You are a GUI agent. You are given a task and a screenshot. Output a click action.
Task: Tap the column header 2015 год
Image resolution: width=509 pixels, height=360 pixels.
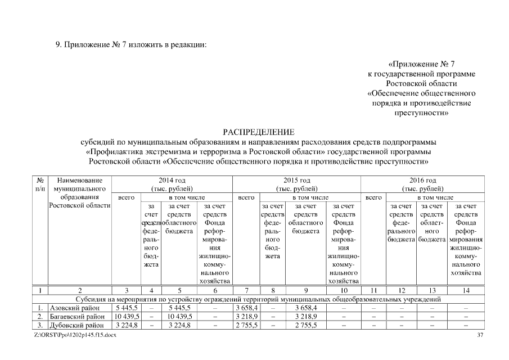pyautogui.click(x=297, y=181)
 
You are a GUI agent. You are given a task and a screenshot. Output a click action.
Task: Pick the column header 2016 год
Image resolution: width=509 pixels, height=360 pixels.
pyautogui.click(x=423, y=181)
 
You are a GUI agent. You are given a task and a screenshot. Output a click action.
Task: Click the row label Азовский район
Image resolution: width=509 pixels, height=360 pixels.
pyautogui.click(x=75, y=308)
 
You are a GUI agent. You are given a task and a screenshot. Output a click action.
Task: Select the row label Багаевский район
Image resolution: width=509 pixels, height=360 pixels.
pyautogui.click(x=77, y=317)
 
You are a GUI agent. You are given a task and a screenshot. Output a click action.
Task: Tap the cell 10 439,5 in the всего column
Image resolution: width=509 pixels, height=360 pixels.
pyautogui.click(x=127, y=317)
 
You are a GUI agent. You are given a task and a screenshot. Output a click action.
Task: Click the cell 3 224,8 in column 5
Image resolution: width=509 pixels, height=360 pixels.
pyautogui.click(x=179, y=325)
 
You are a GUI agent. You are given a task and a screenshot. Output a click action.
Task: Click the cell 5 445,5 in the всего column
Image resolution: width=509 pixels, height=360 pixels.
pyautogui.click(x=127, y=308)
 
